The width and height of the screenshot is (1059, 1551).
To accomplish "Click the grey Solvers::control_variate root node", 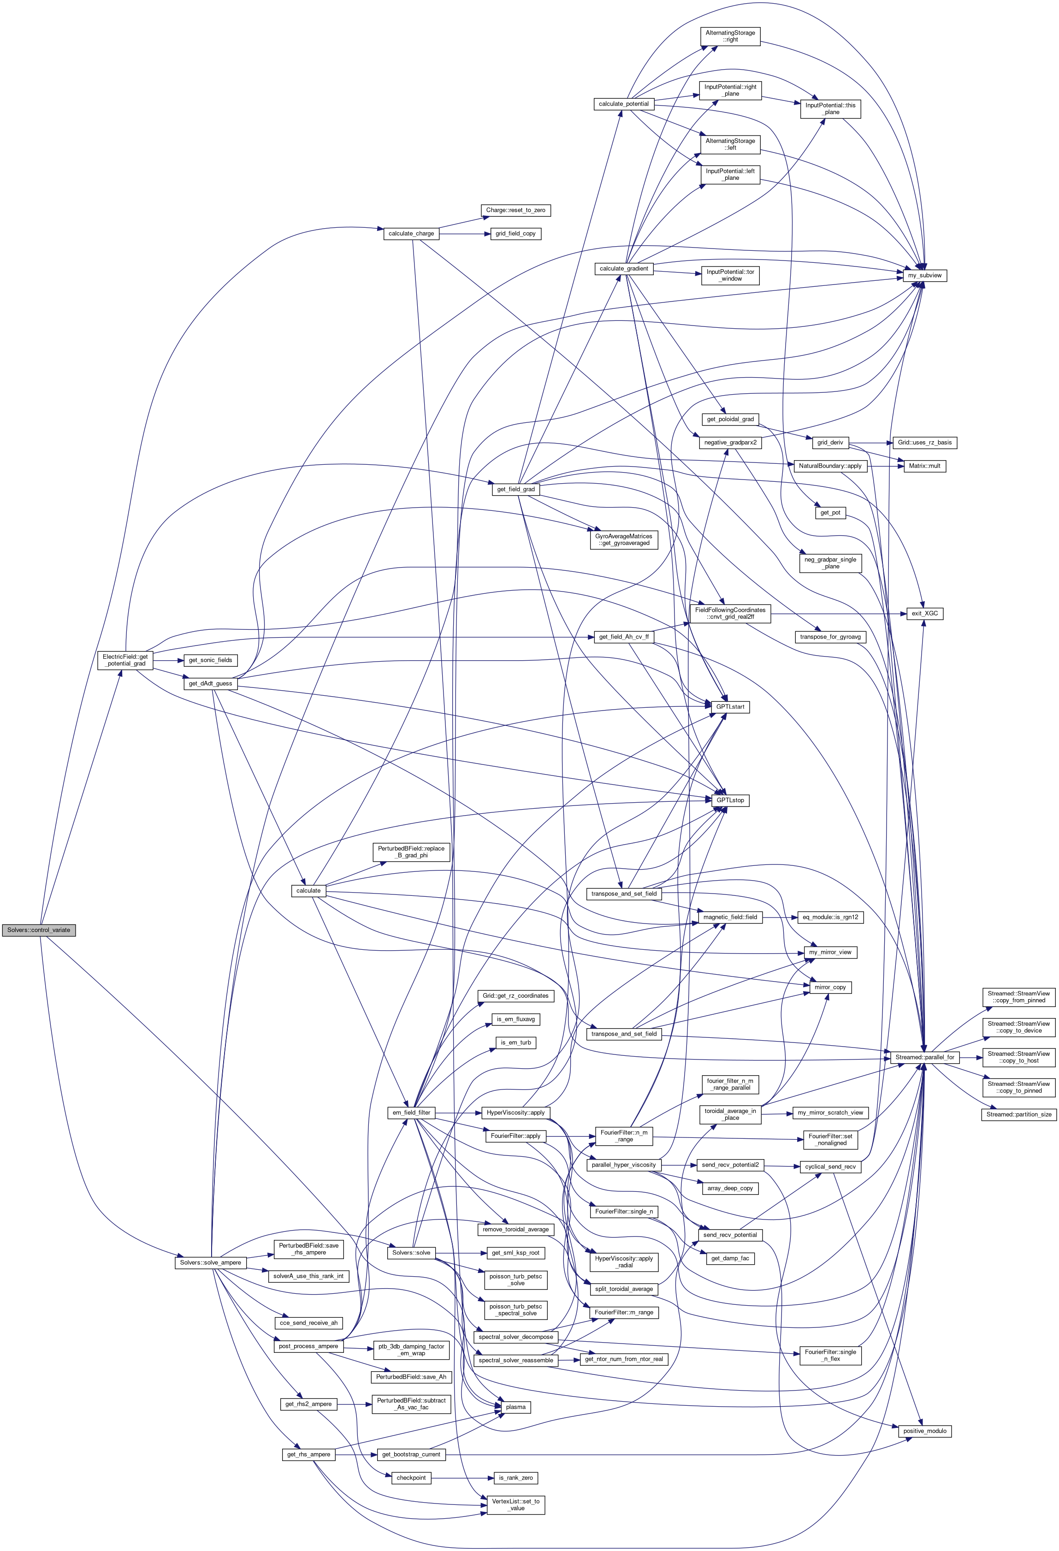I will tap(39, 929).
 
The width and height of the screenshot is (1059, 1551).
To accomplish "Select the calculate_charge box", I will tap(411, 234).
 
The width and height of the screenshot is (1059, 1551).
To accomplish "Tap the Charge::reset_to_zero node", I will tap(515, 210).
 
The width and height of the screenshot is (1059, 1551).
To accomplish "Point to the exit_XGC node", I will tap(925, 613).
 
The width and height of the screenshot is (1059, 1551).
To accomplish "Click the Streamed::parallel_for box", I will tap(925, 1057).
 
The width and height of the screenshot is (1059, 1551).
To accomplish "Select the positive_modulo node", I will tap(925, 1431).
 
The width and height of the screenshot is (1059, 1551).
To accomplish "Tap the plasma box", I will tap(515, 1407).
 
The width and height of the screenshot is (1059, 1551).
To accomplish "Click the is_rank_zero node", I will tap(515, 1478).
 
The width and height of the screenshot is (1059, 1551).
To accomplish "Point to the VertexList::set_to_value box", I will tap(515, 1504).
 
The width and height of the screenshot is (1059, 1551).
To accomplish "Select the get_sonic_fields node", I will tap(210, 660).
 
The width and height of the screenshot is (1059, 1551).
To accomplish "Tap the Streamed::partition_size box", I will tap(1018, 1114).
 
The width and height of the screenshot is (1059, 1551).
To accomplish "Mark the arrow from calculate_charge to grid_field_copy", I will tap(464, 234).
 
